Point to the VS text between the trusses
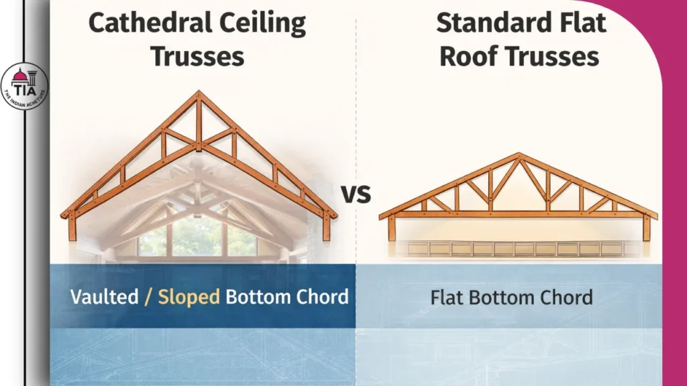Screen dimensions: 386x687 (x=356, y=195)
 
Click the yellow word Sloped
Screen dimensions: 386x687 (x=189, y=296)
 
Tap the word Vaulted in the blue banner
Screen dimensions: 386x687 (x=104, y=296)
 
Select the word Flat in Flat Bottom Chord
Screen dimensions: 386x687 (x=445, y=296)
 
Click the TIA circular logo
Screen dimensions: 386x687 (x=25, y=86)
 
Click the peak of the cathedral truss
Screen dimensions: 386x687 (x=198, y=94)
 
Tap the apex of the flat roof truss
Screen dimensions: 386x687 (x=518, y=156)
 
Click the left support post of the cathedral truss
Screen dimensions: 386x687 (x=72, y=227)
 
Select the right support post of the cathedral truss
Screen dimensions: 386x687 (x=326, y=227)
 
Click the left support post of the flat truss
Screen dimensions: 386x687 (x=392, y=228)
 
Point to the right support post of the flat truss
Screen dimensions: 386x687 (x=646, y=228)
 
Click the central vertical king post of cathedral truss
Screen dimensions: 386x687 (x=199, y=124)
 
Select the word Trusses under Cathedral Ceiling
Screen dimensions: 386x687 (x=197, y=56)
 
